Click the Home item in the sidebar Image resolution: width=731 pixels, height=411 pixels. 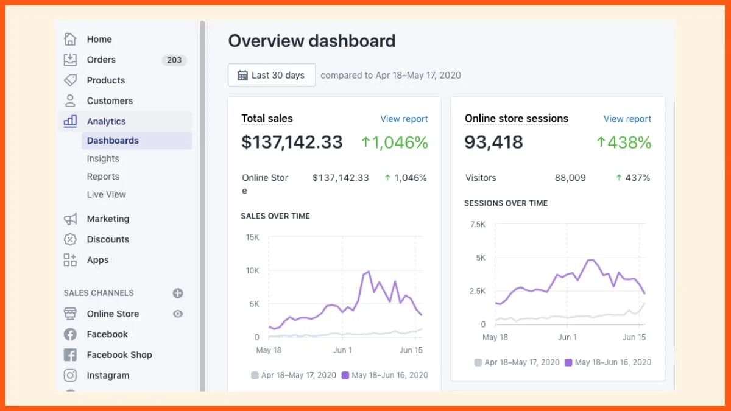[x=99, y=39]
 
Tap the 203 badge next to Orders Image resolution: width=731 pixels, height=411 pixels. [x=174, y=60]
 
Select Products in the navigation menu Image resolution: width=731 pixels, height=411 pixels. [x=105, y=80]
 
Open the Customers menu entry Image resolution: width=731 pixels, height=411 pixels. [x=110, y=101]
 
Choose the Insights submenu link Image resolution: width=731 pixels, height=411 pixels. [x=103, y=158]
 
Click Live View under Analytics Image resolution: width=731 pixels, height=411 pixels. [x=106, y=194]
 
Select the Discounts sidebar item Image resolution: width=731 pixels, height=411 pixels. [x=108, y=239]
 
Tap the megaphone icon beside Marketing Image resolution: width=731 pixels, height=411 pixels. [x=71, y=219]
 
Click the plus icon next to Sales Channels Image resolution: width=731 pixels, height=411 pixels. [x=178, y=293]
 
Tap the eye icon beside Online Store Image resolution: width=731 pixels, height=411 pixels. [x=178, y=314]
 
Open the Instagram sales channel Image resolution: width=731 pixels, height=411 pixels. [x=108, y=376]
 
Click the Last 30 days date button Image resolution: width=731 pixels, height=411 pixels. [x=272, y=75]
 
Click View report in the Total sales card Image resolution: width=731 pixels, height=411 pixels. [x=404, y=119]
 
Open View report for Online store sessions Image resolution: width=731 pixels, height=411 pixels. [x=627, y=119]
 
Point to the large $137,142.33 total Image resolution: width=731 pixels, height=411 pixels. [x=292, y=142]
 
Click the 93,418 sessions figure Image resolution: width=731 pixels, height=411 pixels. [x=493, y=142]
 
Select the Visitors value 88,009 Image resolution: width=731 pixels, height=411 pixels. [x=570, y=178]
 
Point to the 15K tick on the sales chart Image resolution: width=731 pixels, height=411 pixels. [x=252, y=237]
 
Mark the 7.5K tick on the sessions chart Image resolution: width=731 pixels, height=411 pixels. [x=478, y=225]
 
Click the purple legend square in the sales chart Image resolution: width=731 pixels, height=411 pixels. [x=345, y=375]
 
